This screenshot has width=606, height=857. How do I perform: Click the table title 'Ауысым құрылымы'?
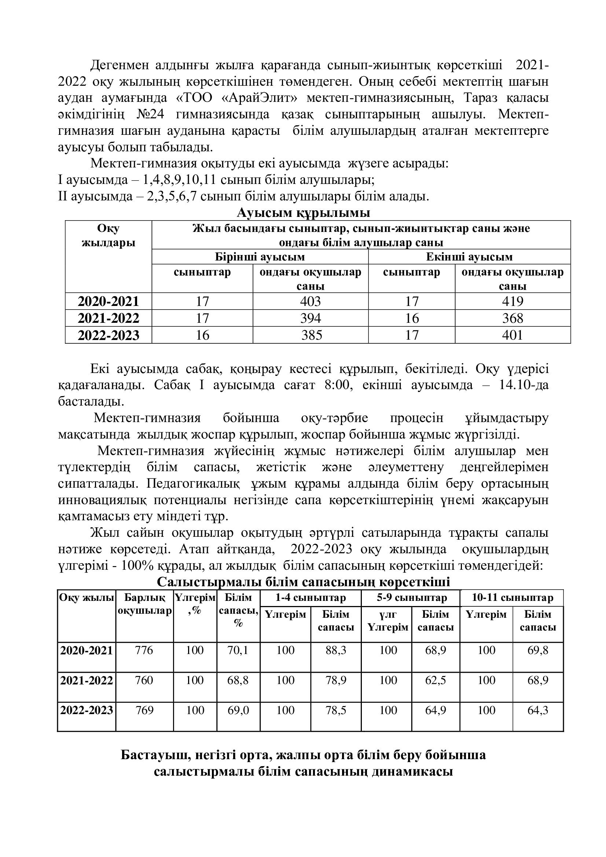pyautogui.click(x=303, y=213)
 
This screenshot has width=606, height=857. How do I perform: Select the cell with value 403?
pyautogui.click(x=310, y=301)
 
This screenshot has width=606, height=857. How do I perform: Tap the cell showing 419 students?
pyautogui.click(x=512, y=301)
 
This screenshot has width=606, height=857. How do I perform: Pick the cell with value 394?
pyautogui.click(x=310, y=318)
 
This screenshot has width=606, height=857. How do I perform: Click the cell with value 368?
pyautogui.click(x=512, y=318)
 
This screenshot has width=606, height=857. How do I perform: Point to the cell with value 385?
pyautogui.click(x=311, y=335)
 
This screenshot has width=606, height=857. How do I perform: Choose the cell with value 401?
pyautogui.click(x=512, y=335)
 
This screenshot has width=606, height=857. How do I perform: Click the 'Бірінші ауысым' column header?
pyautogui.click(x=260, y=257)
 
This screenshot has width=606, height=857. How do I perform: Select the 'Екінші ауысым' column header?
pyautogui.click(x=469, y=257)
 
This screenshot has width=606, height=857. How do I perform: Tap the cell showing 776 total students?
pyautogui.click(x=144, y=650)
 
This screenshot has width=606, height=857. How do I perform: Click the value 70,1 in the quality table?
pyautogui.click(x=238, y=650)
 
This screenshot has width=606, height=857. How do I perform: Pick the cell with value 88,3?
pyautogui.click(x=336, y=650)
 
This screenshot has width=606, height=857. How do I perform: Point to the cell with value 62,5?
pyautogui.click(x=436, y=680)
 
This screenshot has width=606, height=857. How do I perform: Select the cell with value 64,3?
pyautogui.click(x=538, y=710)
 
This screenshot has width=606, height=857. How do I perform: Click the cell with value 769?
pyautogui.click(x=144, y=710)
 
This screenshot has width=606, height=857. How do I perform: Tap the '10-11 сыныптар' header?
pyautogui.click(x=512, y=598)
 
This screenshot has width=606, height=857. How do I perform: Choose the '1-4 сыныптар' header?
pyautogui.click(x=310, y=598)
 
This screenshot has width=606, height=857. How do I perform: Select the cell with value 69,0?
pyautogui.click(x=238, y=710)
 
